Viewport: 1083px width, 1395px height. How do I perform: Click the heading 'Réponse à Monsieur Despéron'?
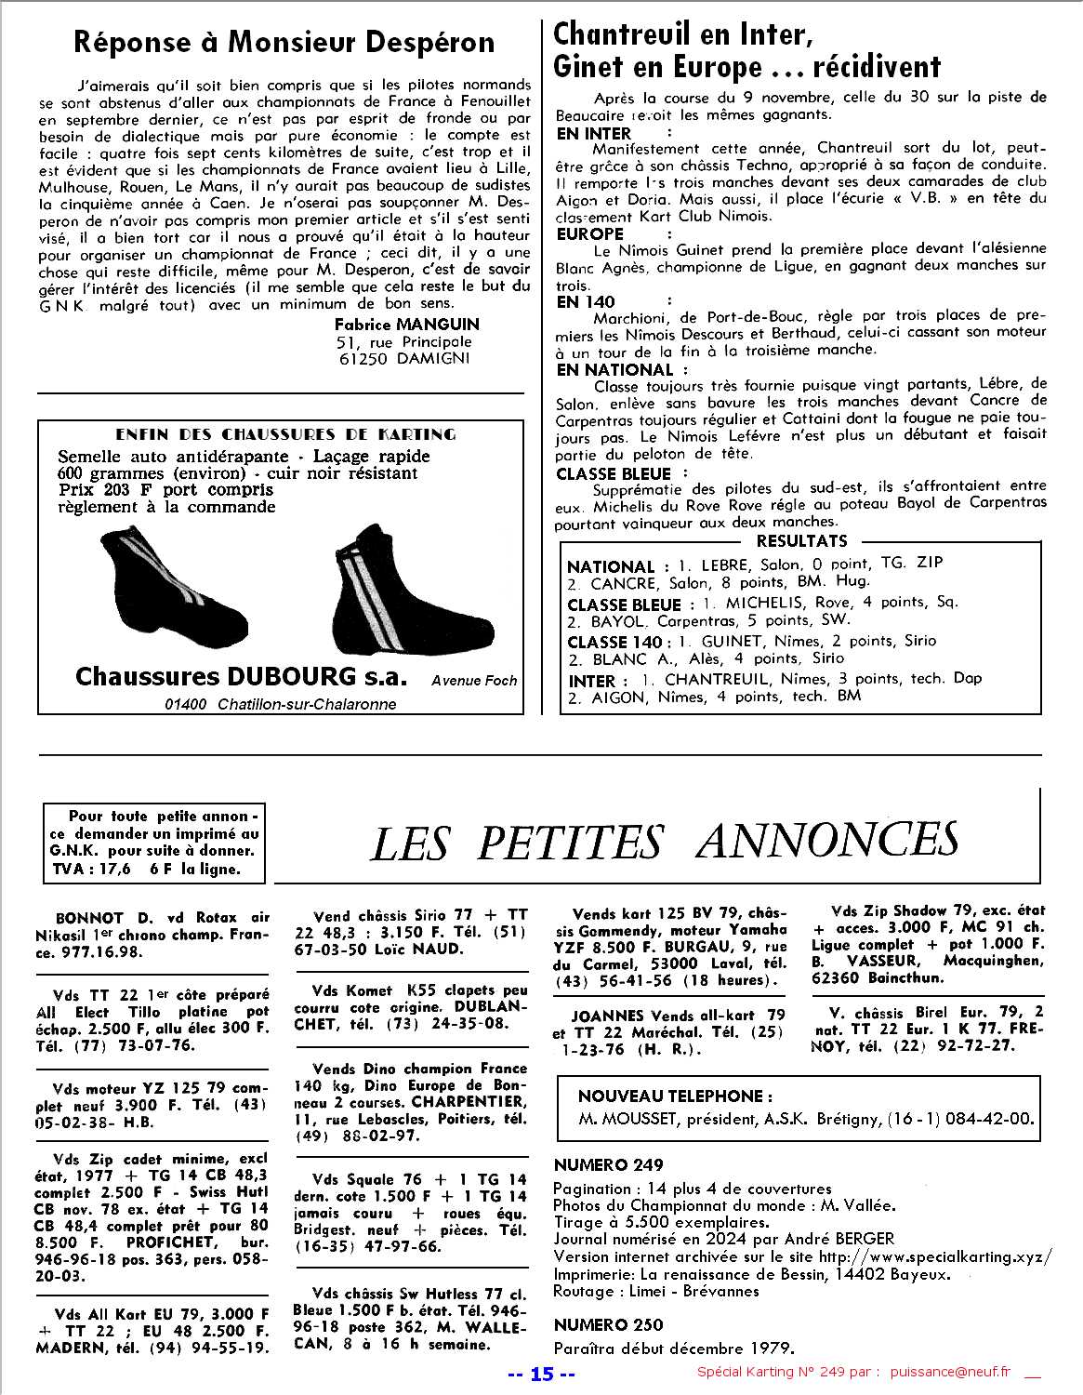coord(284,42)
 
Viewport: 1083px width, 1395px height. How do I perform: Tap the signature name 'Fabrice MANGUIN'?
coord(407,324)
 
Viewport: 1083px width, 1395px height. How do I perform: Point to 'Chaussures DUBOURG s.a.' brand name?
coord(241,676)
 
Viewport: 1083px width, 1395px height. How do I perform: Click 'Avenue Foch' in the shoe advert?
coord(474,680)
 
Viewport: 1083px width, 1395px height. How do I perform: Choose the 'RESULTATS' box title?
coord(801,541)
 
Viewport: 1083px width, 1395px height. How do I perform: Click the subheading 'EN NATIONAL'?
coord(614,369)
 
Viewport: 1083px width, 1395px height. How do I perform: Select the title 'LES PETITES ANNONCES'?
coord(665,842)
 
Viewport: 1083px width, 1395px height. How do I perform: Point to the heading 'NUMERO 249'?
coord(609,1164)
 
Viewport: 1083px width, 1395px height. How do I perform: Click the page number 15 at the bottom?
coord(543,1374)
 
